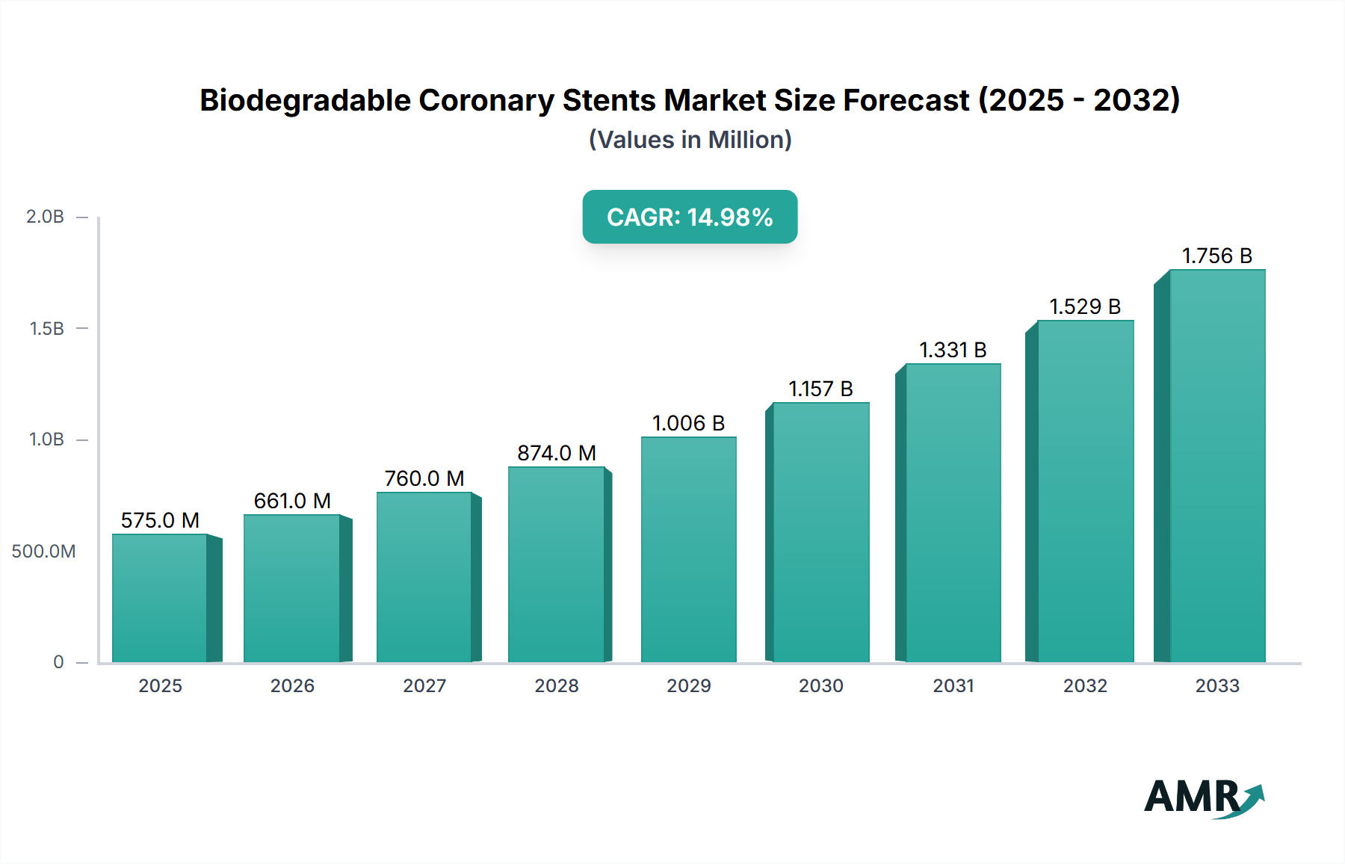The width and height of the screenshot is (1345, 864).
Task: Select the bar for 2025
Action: coord(160,598)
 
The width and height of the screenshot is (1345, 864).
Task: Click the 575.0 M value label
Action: coord(160,520)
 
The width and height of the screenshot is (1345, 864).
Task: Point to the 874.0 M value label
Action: coord(557,453)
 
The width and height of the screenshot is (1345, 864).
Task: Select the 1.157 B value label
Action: coord(820,389)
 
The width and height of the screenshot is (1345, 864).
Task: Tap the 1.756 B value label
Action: coord(1216,256)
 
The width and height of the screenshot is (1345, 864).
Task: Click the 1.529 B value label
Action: coord(1085,306)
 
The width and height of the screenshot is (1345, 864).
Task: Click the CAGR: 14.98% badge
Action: coord(690,217)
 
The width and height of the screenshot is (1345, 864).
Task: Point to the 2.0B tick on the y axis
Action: coord(46,217)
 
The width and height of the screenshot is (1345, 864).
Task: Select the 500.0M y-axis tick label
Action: coord(43,552)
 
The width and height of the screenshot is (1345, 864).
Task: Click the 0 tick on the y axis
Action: coord(58,662)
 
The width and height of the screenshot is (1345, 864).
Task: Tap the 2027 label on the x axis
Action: coord(424,685)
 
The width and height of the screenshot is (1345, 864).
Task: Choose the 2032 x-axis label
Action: coord(1085,685)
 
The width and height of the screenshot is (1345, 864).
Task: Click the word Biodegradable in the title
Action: coord(305,100)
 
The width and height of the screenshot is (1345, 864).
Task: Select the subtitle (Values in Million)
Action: coord(690,140)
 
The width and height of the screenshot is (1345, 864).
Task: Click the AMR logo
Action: coord(1203,797)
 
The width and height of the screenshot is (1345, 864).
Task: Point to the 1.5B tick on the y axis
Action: coord(46,328)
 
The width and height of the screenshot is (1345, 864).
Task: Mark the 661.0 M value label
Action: coord(292,501)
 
